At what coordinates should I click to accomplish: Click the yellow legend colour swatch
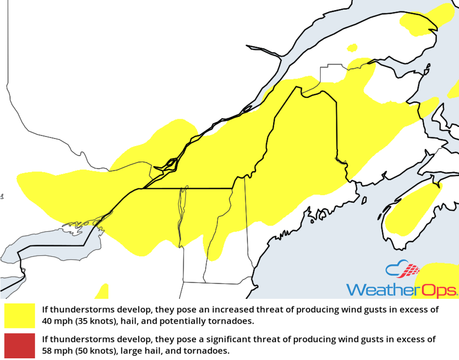pos(20,315)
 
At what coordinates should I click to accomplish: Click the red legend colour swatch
pos(20,345)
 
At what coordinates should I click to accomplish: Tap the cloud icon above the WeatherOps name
pos(402,270)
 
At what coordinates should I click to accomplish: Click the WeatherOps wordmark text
pos(402,290)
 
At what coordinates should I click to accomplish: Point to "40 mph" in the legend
pos(55,321)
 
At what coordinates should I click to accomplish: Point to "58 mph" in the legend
pos(55,351)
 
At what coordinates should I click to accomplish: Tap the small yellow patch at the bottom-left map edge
pos(102,292)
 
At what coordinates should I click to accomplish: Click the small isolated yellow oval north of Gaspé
pos(353,47)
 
